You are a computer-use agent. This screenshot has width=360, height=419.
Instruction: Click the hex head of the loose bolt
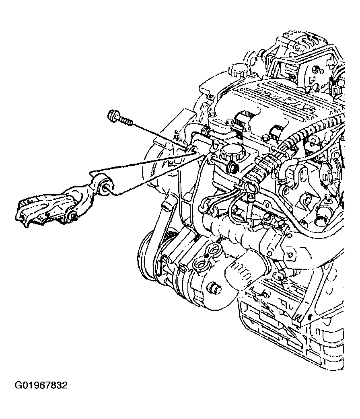pyautogui.click(x=112, y=116)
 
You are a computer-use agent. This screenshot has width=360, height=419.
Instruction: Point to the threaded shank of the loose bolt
pyautogui.click(x=125, y=121)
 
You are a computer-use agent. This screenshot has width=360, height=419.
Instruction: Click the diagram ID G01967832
pyautogui.click(x=41, y=385)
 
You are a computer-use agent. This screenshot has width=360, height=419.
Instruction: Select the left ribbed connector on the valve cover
pyautogui.click(x=241, y=121)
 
